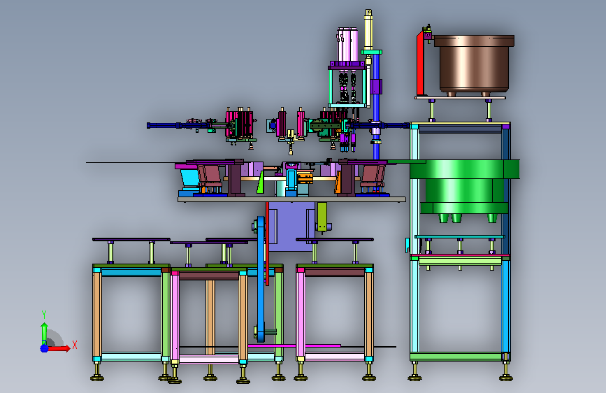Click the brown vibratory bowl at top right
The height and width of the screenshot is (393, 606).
[x=474, y=65]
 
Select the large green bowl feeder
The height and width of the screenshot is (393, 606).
[x=464, y=190]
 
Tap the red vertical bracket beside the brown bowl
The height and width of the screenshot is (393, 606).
[x=421, y=64]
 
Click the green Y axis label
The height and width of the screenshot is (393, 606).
[x=44, y=315]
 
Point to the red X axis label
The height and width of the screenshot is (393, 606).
[x=75, y=345]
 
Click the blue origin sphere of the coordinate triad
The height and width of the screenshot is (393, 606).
[x=45, y=348]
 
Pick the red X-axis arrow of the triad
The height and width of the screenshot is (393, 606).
[x=58, y=348]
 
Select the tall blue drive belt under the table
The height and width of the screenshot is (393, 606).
[x=261, y=278]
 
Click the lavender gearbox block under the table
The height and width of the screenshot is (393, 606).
[x=291, y=227]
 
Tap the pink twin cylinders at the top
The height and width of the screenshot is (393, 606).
[x=348, y=45]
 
